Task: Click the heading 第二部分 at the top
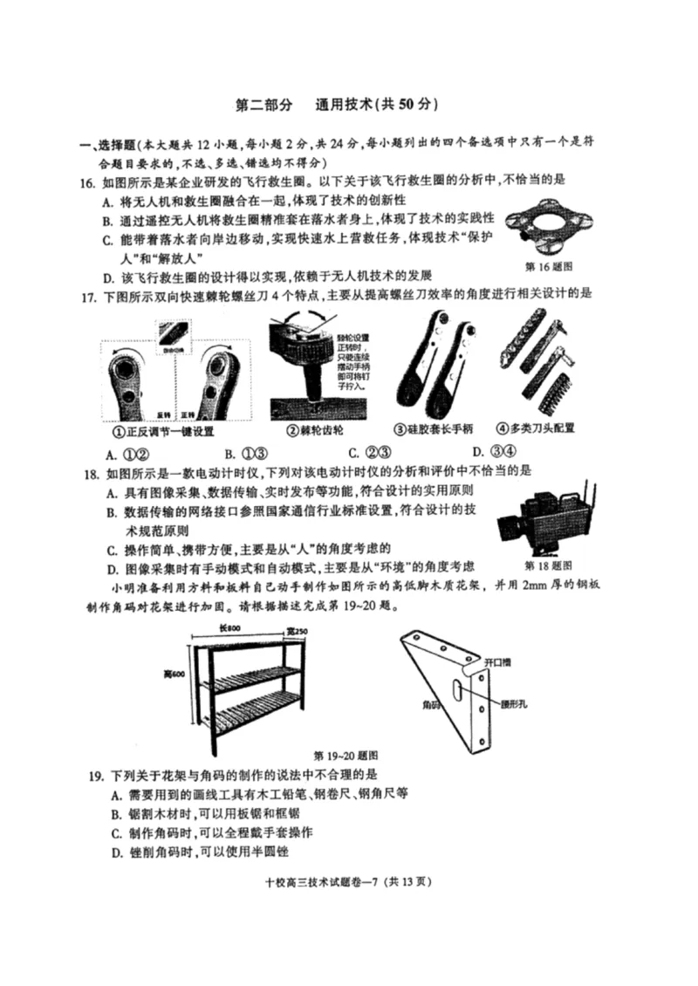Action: point(265,105)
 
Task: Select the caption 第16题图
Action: point(548,266)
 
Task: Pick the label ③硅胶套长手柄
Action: point(434,429)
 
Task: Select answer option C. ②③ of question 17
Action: point(367,451)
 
